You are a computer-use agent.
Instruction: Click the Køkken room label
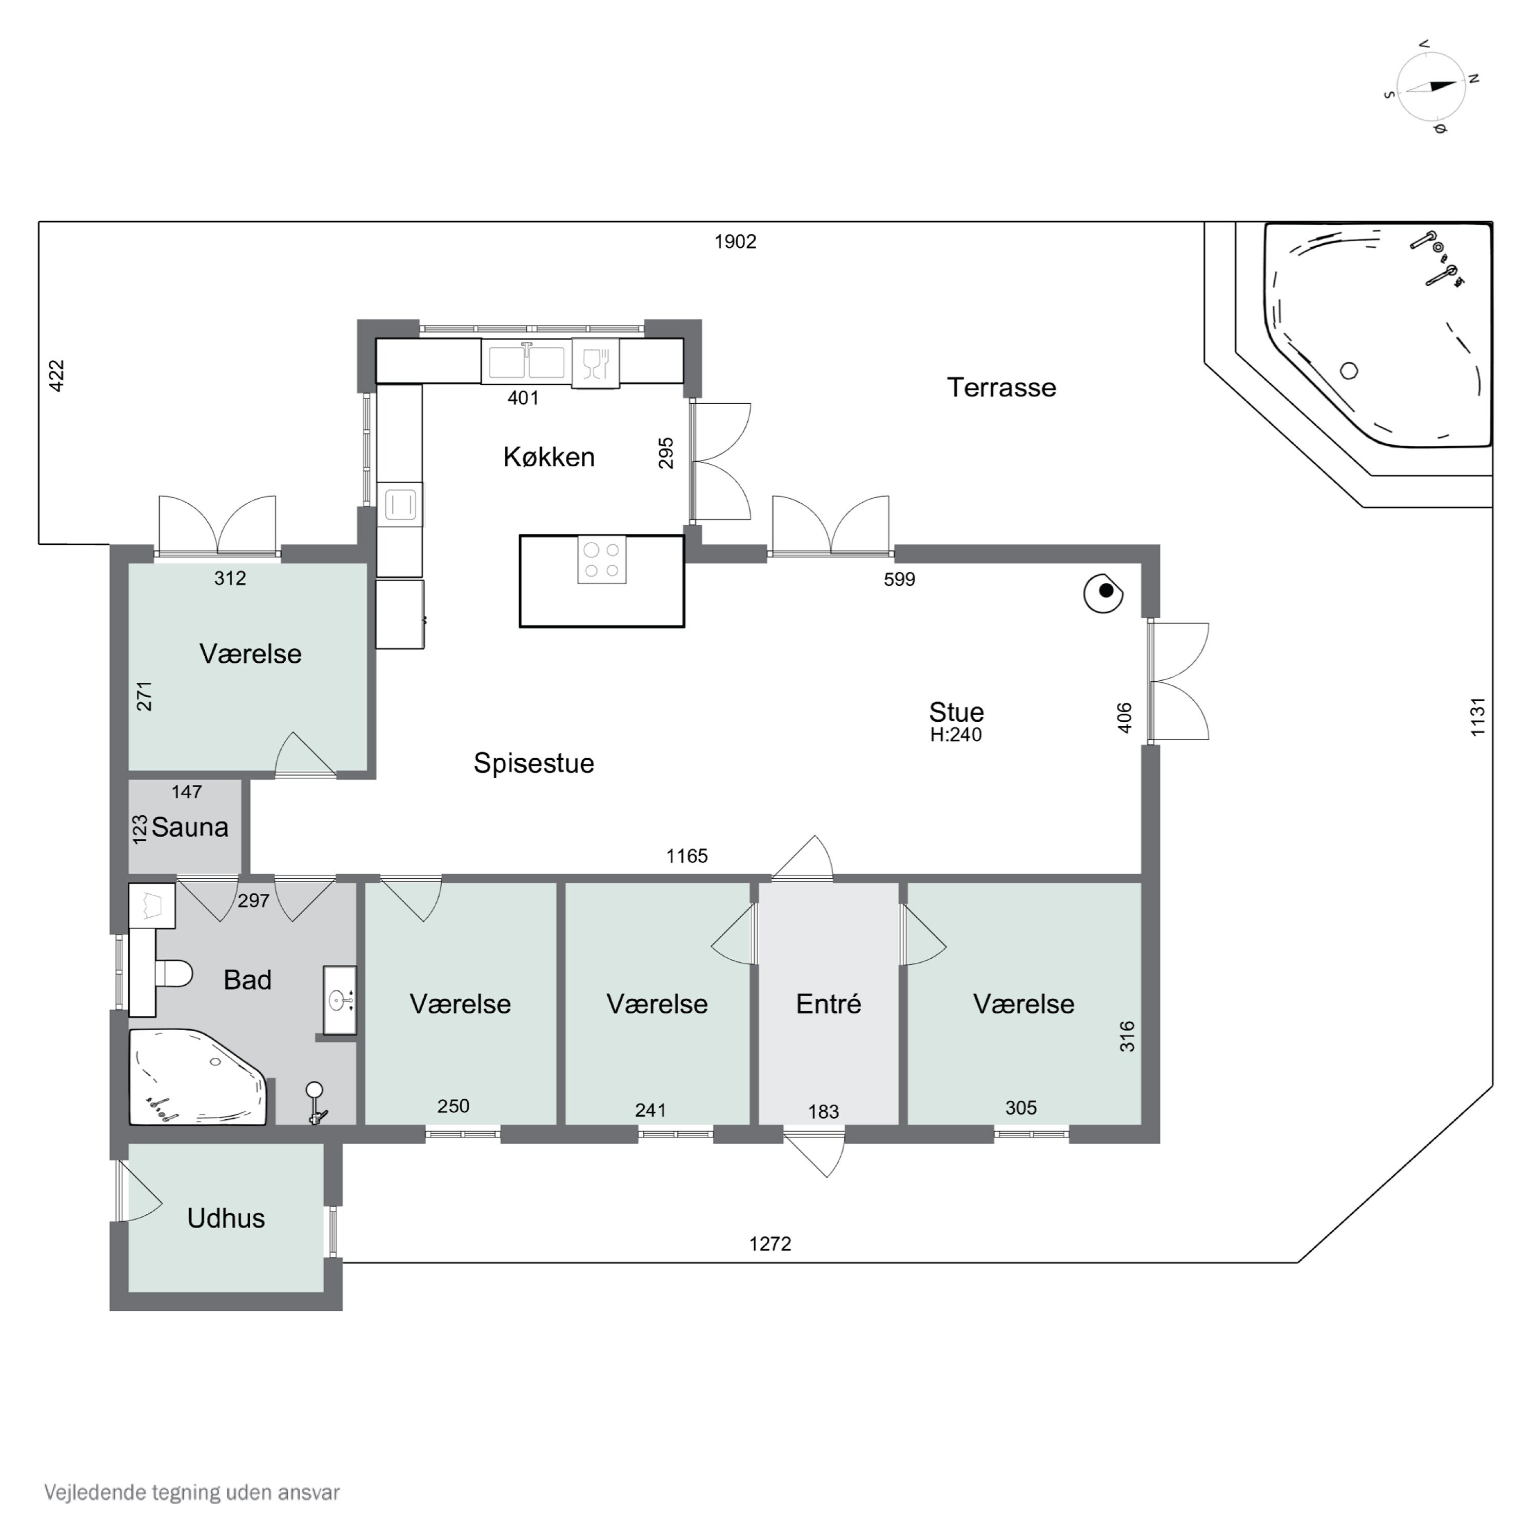pos(549,457)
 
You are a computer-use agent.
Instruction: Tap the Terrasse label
pos(1001,387)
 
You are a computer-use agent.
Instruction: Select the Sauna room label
pos(190,827)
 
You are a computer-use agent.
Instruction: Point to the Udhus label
pos(226,1218)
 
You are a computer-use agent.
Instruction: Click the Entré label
pos(828,1004)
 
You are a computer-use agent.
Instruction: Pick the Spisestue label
pos(534,763)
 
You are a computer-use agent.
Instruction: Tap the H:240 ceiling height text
pos(956,735)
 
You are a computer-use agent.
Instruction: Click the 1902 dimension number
pos(735,241)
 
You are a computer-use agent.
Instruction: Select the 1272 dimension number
pos(771,1244)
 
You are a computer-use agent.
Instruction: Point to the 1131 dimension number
pos(1477,717)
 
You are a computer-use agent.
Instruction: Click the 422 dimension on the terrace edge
pos(56,376)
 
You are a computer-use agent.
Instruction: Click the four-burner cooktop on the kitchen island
pos(601,560)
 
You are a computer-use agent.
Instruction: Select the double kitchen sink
pos(526,363)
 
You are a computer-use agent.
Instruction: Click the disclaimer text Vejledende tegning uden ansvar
pos(192,1492)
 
